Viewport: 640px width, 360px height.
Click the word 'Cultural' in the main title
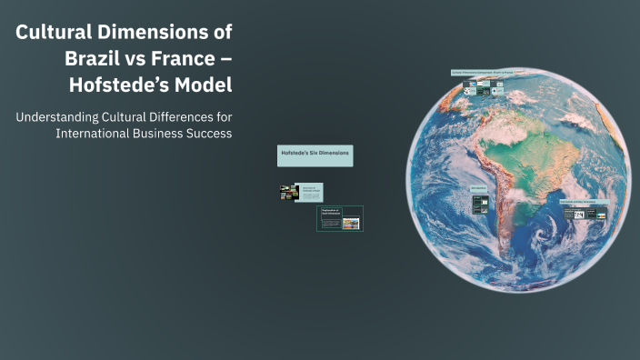point(53,33)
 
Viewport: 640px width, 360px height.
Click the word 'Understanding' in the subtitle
point(62,116)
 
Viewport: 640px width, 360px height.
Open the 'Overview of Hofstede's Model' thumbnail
point(300,192)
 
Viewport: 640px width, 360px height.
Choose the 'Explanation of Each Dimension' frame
point(339,218)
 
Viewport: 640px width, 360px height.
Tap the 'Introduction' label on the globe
point(478,189)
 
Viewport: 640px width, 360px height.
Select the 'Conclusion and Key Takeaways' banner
point(584,202)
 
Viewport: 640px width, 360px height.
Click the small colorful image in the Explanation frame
point(350,223)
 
